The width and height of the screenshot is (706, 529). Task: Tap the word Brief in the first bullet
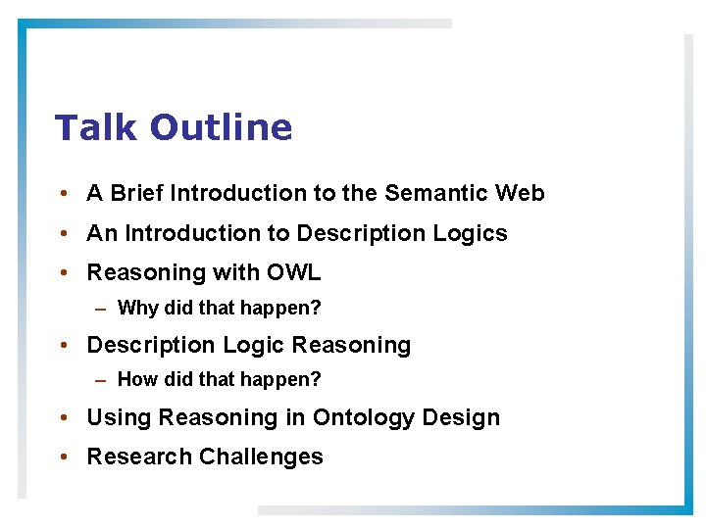137,193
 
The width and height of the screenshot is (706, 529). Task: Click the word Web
520,193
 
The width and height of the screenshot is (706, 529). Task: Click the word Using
120,417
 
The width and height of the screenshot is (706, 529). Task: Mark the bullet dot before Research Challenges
62,457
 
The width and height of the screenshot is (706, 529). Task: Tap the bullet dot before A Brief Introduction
62,194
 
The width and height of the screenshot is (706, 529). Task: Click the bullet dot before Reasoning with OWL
62,272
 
